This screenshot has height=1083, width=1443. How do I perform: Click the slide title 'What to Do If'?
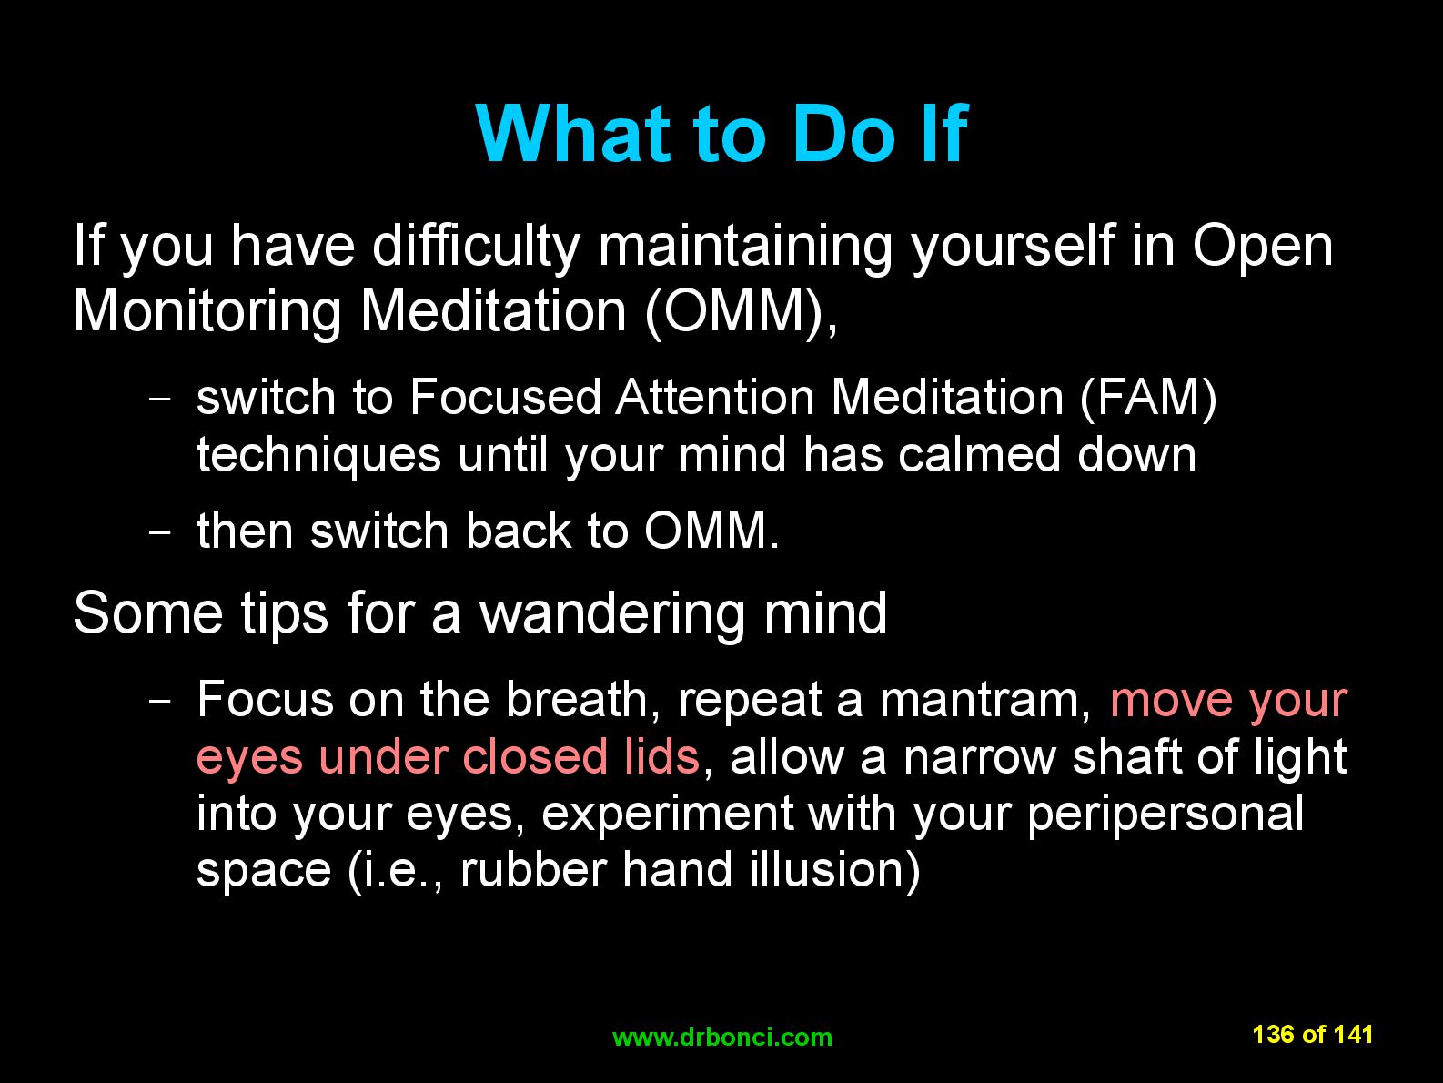(x=721, y=134)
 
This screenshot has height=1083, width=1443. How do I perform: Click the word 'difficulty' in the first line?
(x=476, y=246)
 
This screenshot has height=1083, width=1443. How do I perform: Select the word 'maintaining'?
(x=745, y=246)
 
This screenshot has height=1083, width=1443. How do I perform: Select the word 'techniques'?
(x=318, y=455)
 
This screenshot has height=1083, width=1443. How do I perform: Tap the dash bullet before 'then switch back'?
(x=160, y=531)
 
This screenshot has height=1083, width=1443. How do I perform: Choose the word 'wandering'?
(x=611, y=613)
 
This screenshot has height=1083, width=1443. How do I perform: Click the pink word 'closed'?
(x=535, y=756)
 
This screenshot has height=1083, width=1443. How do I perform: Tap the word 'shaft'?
(x=1126, y=756)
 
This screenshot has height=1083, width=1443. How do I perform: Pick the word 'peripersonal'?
(x=1165, y=814)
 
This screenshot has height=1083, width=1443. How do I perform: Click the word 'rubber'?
(x=533, y=869)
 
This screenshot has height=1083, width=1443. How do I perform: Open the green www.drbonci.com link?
(x=721, y=1037)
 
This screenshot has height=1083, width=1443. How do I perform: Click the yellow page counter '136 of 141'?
(x=1312, y=1035)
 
